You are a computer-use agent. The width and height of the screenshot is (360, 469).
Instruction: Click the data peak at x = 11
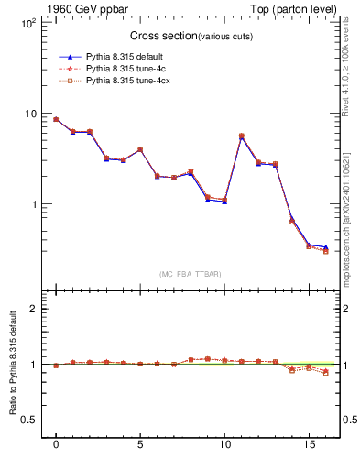coord(241,136)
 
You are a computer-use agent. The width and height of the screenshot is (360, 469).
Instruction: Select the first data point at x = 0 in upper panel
coord(56,119)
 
